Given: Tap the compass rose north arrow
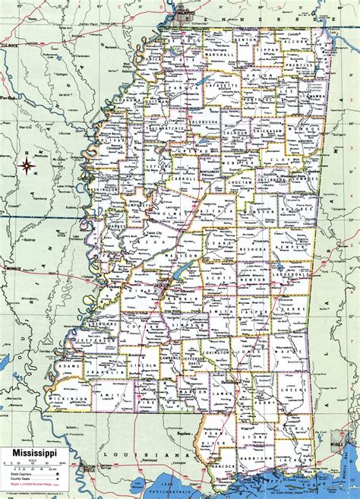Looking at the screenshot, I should coord(28,162).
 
